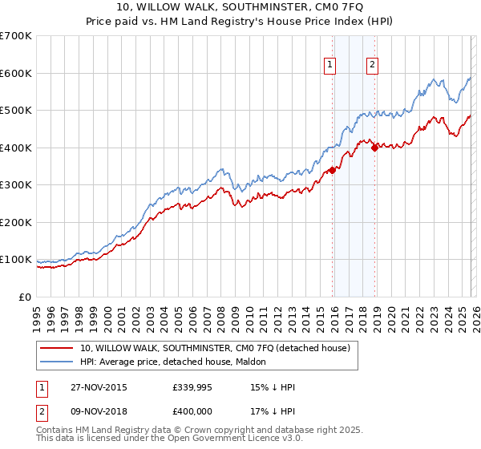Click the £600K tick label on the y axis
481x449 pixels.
16,73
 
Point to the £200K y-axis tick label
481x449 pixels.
16,222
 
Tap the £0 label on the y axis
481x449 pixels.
25,297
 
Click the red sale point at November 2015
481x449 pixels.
332,170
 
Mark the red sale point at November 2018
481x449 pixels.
374,148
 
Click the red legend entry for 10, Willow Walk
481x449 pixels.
215,349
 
